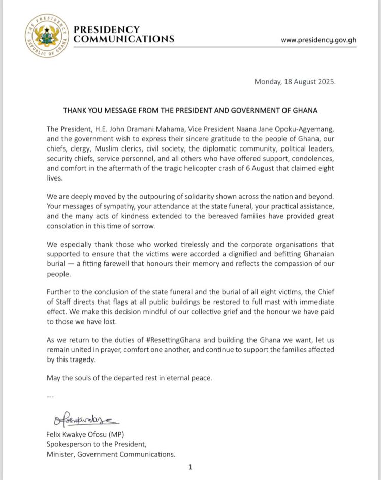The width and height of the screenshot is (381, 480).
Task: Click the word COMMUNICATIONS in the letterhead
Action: pos(124,39)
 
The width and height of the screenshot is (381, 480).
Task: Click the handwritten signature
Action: pos(83,420)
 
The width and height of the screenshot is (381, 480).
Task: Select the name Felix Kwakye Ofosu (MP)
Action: pos(89,434)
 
